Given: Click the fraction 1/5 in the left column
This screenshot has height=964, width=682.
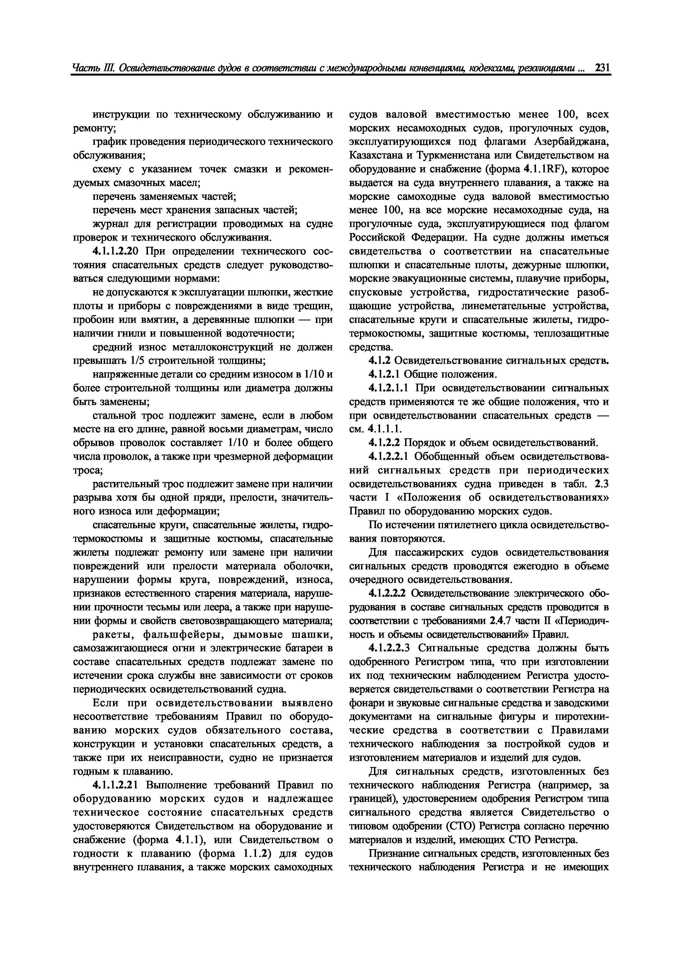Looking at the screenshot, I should [137, 361].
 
